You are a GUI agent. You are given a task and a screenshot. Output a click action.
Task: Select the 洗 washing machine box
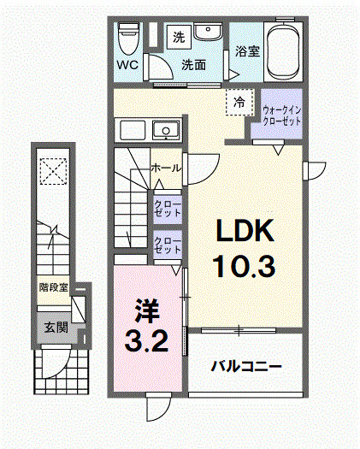click(x=178, y=37)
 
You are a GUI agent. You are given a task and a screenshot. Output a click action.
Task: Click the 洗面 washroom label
click(x=193, y=64)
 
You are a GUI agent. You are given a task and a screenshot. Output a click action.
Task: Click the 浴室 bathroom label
click(x=248, y=50)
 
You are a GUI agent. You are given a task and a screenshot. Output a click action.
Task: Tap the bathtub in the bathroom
click(x=283, y=50)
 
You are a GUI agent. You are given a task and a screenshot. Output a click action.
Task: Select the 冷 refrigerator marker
click(x=239, y=103)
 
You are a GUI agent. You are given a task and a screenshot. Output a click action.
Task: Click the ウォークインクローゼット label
click(x=281, y=115)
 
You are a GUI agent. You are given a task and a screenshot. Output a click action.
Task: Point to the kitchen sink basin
click(x=164, y=130)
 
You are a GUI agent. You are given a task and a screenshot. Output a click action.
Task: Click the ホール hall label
click(x=165, y=168)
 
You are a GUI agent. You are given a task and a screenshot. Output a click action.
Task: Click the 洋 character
click(x=142, y=305)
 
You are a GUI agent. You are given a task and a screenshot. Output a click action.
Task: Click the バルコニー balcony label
click(x=247, y=366)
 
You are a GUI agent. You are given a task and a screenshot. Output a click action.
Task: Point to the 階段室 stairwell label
click(x=53, y=287)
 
